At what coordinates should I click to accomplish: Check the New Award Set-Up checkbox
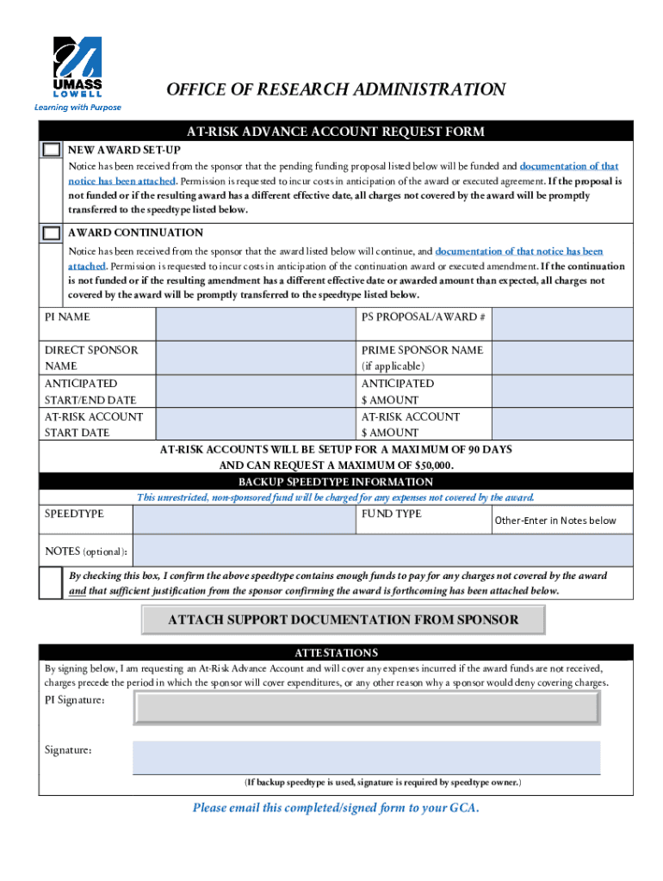(x=53, y=150)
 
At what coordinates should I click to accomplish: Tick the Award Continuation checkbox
(x=53, y=233)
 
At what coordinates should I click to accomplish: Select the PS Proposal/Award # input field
(x=562, y=324)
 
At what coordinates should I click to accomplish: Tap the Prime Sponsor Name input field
(x=562, y=358)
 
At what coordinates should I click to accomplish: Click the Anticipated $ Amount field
(x=562, y=391)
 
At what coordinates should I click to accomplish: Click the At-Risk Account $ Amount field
(x=562, y=425)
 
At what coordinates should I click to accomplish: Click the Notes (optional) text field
(x=382, y=551)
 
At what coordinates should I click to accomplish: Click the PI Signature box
(x=366, y=707)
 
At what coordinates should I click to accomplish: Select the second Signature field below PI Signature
(x=366, y=757)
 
